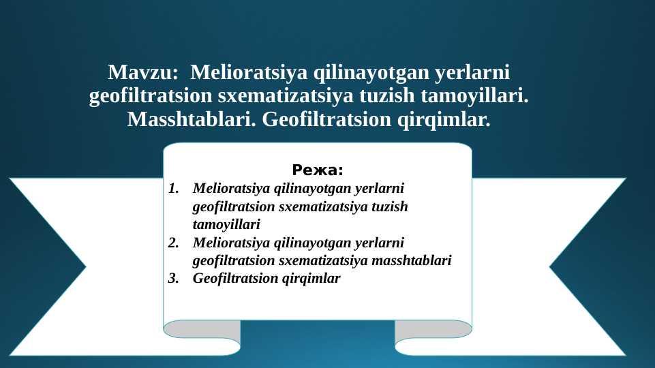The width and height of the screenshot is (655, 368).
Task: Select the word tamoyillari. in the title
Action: [x=474, y=96]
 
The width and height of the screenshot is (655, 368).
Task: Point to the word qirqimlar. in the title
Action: [x=444, y=121]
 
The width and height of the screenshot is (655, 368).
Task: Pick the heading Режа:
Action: [x=318, y=170]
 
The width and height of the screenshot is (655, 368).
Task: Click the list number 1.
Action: [x=173, y=188]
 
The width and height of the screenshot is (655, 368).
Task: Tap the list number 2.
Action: [x=173, y=243]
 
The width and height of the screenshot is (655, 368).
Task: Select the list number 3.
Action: [x=173, y=278]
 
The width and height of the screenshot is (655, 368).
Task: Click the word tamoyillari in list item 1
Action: [x=226, y=225]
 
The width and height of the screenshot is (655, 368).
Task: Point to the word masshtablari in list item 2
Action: [x=412, y=260]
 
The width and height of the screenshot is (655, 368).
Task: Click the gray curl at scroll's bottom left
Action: [x=202, y=329]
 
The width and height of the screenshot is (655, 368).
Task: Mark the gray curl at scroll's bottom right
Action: [x=433, y=329]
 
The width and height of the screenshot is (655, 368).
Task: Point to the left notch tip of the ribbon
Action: [x=86, y=267]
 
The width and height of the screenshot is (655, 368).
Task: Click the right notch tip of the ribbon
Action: [x=550, y=267]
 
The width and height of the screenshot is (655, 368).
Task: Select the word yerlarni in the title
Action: [x=472, y=73]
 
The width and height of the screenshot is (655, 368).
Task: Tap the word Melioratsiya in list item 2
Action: [x=232, y=243]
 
